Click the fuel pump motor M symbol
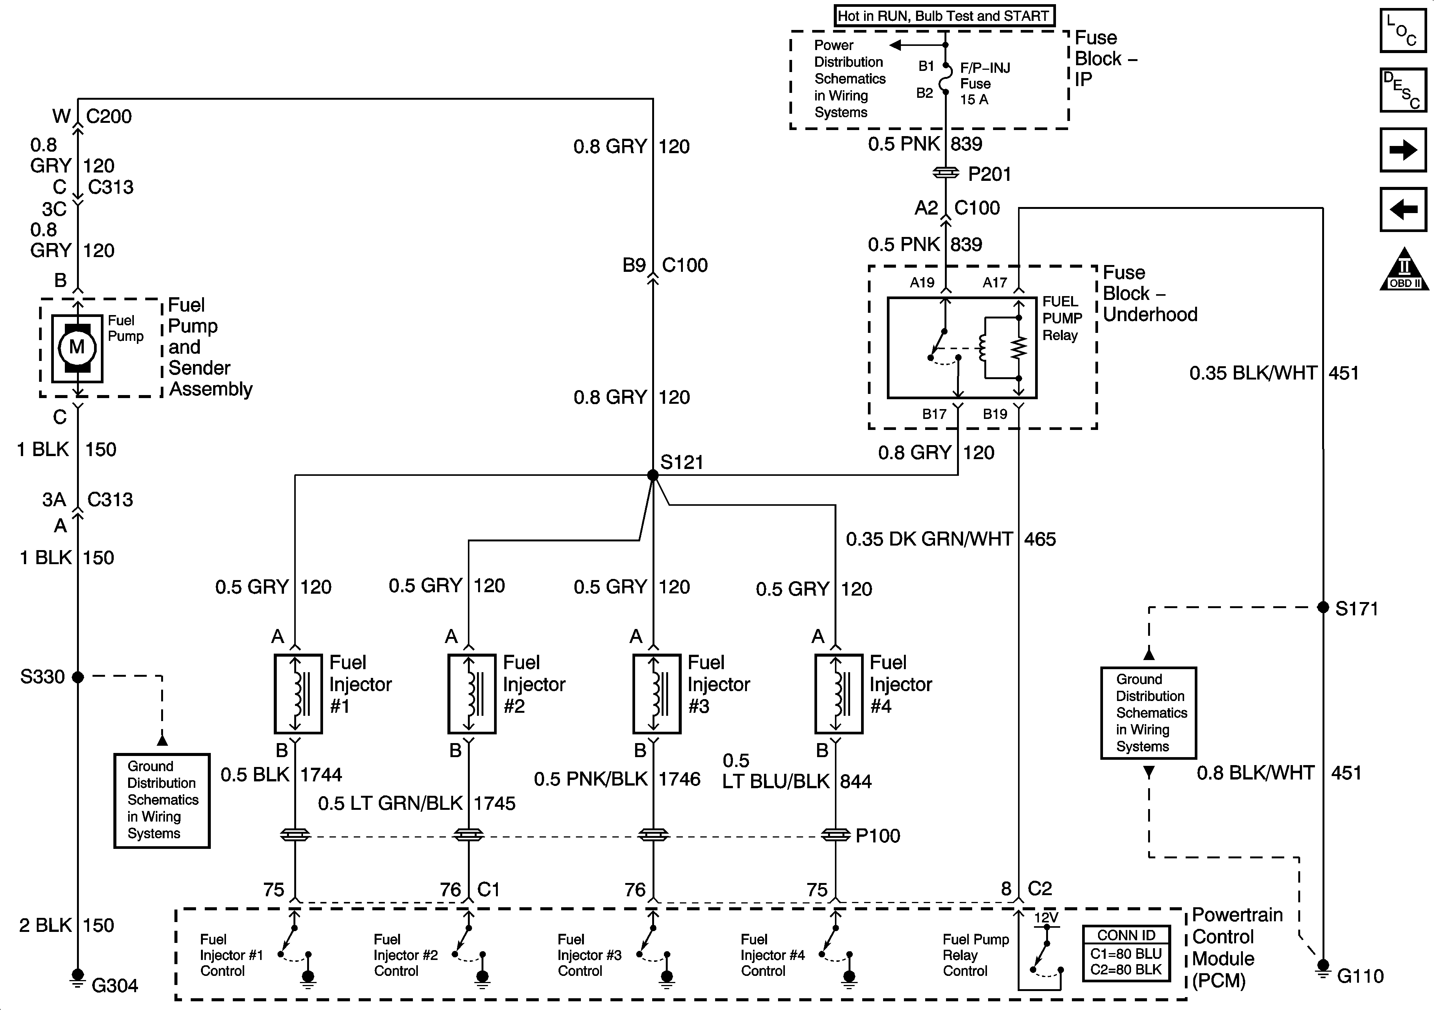pyautogui.click(x=77, y=347)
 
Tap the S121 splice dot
pyautogui.click(x=653, y=475)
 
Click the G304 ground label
pyautogui.click(x=114, y=986)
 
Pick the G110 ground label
pyautogui.click(x=1360, y=975)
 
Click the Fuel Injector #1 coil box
pyautogui.click(x=298, y=693)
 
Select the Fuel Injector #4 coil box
pyautogui.click(x=838, y=693)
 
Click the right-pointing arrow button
pyautogui.click(x=1403, y=150)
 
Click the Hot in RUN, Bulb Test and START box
pyautogui.click(x=944, y=16)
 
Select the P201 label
pyautogui.click(x=989, y=174)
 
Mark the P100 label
pyautogui.click(x=877, y=836)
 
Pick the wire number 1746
pyautogui.click(x=679, y=779)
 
